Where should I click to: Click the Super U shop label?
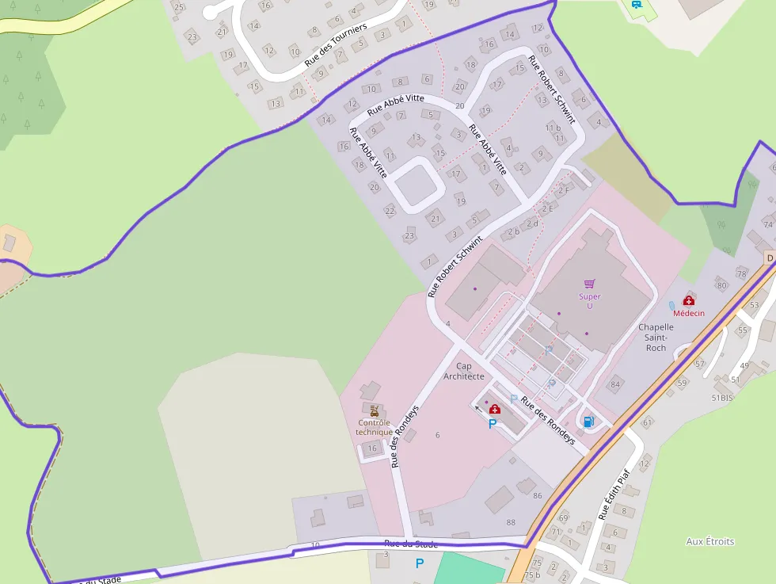click(589, 301)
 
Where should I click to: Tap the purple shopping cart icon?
click(589, 283)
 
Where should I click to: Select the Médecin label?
click(689, 313)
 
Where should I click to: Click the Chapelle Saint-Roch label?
click(656, 337)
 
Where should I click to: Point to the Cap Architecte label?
click(464, 371)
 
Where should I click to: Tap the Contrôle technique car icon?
click(374, 410)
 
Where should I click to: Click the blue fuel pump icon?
click(588, 422)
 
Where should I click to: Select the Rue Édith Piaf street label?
click(614, 493)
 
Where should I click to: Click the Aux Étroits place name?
click(709, 541)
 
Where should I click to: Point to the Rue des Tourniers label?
click(336, 44)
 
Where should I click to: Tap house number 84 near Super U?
click(614, 385)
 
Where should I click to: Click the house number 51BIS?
click(722, 398)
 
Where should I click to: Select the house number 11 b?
click(553, 128)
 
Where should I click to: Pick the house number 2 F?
click(564, 190)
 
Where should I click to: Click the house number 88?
click(511, 522)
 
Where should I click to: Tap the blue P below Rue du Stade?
click(420, 563)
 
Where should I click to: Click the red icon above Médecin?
click(689, 300)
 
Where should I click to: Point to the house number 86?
click(538, 495)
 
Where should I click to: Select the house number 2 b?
click(512, 231)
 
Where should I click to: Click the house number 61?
click(647, 423)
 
